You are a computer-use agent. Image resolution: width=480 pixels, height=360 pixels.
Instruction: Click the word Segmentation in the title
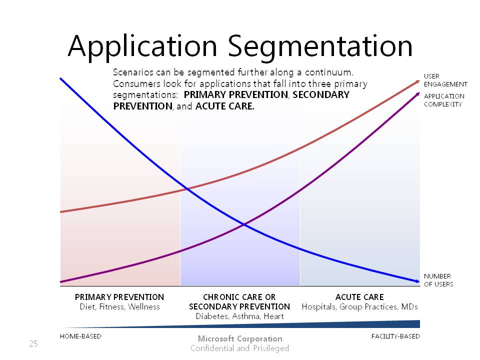pyautogui.click(x=320, y=46)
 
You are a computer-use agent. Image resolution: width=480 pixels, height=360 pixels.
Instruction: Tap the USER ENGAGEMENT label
pyautogui.click(x=445, y=80)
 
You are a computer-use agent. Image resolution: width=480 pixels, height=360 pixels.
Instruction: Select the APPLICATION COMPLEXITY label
pyautogui.click(x=444, y=100)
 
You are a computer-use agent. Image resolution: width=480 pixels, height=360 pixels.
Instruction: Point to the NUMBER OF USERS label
pyautogui.click(x=438, y=280)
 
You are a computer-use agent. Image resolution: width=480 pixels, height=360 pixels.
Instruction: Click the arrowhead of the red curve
pyautogui.click(x=417, y=81)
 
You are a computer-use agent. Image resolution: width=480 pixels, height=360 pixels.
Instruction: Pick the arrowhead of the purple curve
pyautogui.click(x=417, y=94)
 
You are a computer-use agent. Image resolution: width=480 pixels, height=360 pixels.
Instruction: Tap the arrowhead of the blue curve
pyautogui.click(x=417, y=281)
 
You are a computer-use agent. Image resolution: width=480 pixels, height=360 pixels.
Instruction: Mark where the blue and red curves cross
pyautogui.click(x=187, y=189)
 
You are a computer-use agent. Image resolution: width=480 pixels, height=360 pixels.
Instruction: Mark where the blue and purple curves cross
pyautogui.click(x=244, y=225)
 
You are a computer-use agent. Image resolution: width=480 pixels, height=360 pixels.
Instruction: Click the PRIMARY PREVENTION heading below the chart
pyautogui.click(x=119, y=297)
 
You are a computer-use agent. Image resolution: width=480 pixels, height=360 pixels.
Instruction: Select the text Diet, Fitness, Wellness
pyautogui.click(x=119, y=306)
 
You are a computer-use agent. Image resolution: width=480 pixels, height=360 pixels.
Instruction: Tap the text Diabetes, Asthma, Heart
pyautogui.click(x=239, y=316)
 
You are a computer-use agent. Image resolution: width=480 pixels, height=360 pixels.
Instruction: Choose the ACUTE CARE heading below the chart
pyautogui.click(x=359, y=297)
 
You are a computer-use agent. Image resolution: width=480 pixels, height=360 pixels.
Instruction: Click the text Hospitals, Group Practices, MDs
pyautogui.click(x=359, y=306)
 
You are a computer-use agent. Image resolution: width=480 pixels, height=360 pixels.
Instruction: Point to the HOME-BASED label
pyautogui.click(x=80, y=336)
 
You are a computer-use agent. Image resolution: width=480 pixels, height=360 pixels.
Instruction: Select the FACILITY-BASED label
pyautogui.click(x=395, y=336)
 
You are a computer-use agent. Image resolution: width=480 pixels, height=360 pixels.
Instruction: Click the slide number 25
pyautogui.click(x=33, y=343)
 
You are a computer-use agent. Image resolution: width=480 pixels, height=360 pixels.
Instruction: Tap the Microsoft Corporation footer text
pyautogui.click(x=240, y=338)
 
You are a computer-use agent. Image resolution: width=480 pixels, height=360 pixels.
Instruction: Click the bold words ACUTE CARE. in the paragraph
pyautogui.click(x=224, y=106)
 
